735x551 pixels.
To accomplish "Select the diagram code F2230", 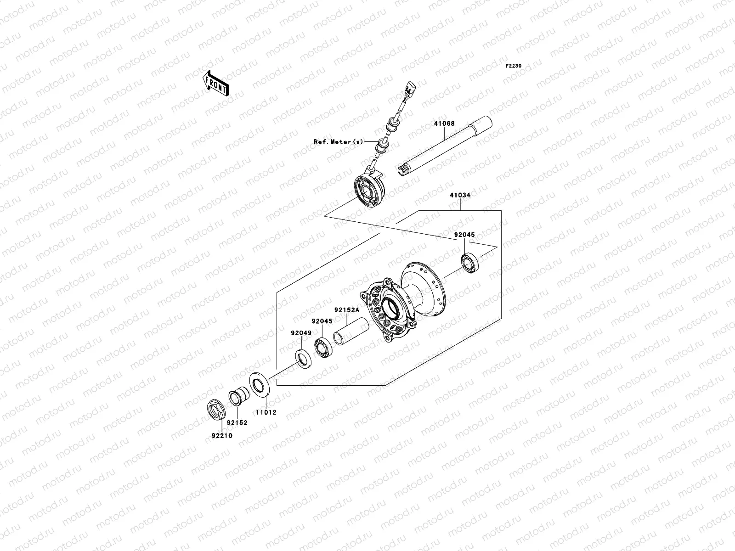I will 514,66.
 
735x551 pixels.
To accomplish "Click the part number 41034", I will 460,195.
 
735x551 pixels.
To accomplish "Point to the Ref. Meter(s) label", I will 338,142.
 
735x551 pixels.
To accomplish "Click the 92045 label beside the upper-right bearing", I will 464,235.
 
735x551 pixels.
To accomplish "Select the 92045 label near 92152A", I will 322,321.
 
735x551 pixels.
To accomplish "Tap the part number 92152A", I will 346,310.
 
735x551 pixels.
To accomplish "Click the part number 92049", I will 300,333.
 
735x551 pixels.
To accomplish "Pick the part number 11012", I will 266,412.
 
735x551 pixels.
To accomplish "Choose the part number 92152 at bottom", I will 237,423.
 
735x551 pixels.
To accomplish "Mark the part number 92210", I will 222,435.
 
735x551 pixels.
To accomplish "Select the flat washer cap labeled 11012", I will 260,383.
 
